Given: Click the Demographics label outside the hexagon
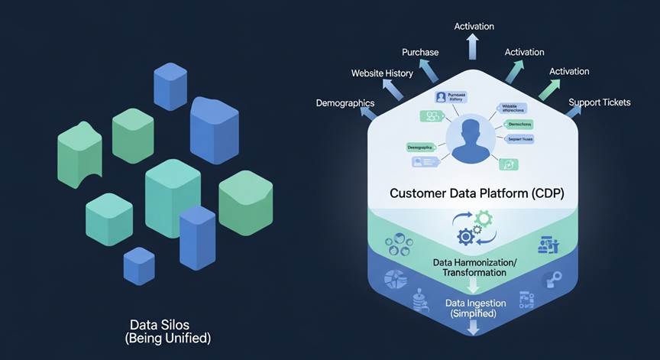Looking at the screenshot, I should point(345,103).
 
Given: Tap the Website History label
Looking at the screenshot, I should point(382,73).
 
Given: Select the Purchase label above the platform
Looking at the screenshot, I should point(420,52).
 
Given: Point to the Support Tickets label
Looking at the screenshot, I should point(600,102).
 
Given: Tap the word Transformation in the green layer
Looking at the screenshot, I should point(474,273).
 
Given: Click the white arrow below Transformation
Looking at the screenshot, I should point(474,286).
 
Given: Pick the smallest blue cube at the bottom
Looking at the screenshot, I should point(139,265).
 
